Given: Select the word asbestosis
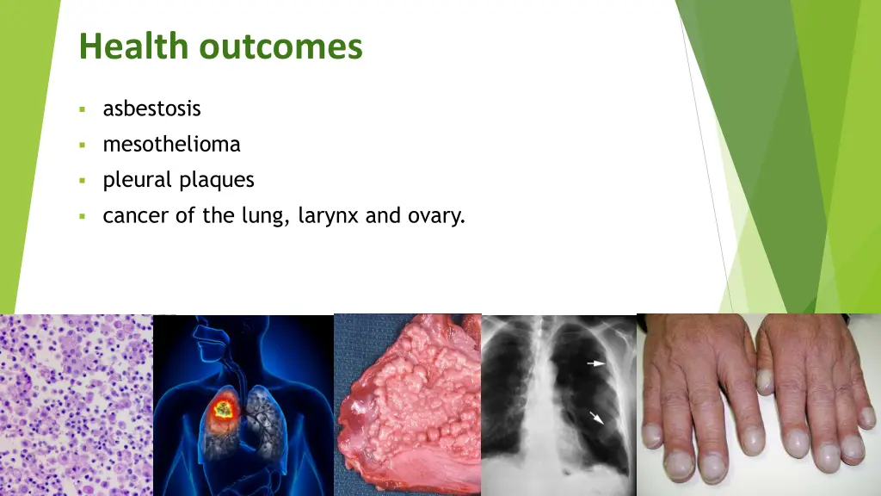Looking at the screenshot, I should coord(151,108).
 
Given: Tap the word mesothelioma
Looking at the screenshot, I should coord(171,144).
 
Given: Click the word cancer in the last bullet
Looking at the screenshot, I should coord(136,216).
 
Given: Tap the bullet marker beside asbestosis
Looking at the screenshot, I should coord(82,109).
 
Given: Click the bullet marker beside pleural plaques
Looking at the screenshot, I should coord(82,181).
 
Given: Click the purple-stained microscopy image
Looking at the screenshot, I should coord(76,405).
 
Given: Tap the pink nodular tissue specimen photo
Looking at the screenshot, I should coord(406,405).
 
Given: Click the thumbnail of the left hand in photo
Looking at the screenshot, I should coord(764,379).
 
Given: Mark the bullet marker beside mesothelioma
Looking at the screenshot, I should coord(82,145).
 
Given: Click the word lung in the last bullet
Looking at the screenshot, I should coord(267,216).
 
